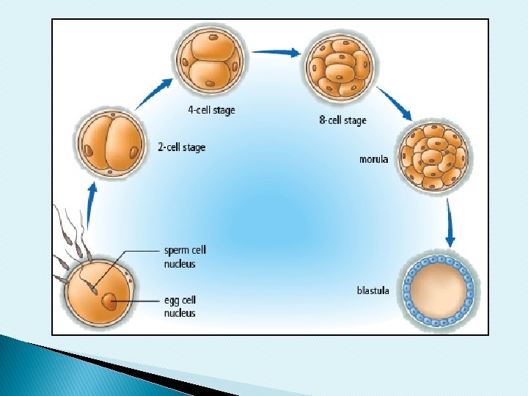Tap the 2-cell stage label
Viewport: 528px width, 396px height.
(182, 147)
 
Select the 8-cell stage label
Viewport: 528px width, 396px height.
(342, 120)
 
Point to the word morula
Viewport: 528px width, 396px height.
(374, 158)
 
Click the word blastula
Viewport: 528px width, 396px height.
(373, 290)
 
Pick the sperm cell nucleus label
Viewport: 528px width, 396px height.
(186, 257)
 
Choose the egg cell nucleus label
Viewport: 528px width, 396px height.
(180, 307)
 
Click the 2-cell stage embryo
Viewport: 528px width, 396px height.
(111, 146)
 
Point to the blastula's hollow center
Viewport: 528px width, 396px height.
(438, 287)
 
